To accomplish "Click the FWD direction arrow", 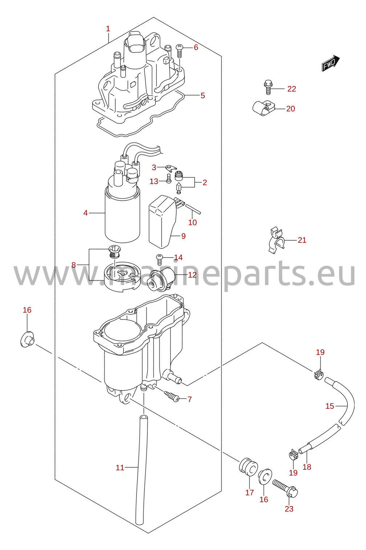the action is click(x=331, y=63).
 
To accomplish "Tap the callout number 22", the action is click(x=292, y=89).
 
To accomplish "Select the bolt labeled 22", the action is click(x=268, y=87).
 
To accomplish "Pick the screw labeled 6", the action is click(x=180, y=51).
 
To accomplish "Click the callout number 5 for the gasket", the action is click(x=203, y=95).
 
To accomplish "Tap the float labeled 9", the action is click(x=162, y=221).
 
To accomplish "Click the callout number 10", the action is click(x=192, y=223).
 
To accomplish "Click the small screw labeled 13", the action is click(x=168, y=178).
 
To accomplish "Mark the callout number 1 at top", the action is click(x=108, y=29).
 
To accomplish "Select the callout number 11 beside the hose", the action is click(x=120, y=468).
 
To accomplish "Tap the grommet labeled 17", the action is click(x=248, y=466).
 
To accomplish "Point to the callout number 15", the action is click(x=330, y=406).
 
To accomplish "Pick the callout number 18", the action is click(x=307, y=467).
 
